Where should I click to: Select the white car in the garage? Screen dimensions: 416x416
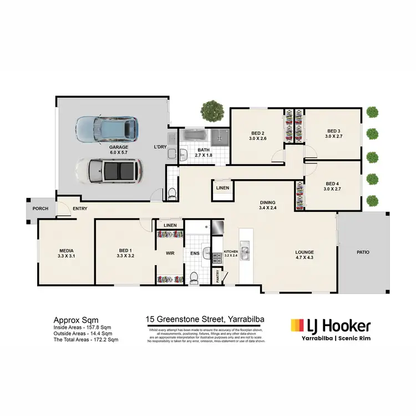click(x=108, y=170)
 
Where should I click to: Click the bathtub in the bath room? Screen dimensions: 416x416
click(x=195, y=135)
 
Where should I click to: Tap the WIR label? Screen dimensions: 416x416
click(x=170, y=254)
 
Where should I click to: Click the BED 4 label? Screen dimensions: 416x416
click(x=332, y=184)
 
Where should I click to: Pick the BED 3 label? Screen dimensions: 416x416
click(x=332, y=131)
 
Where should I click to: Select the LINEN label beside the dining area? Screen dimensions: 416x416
click(x=222, y=189)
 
